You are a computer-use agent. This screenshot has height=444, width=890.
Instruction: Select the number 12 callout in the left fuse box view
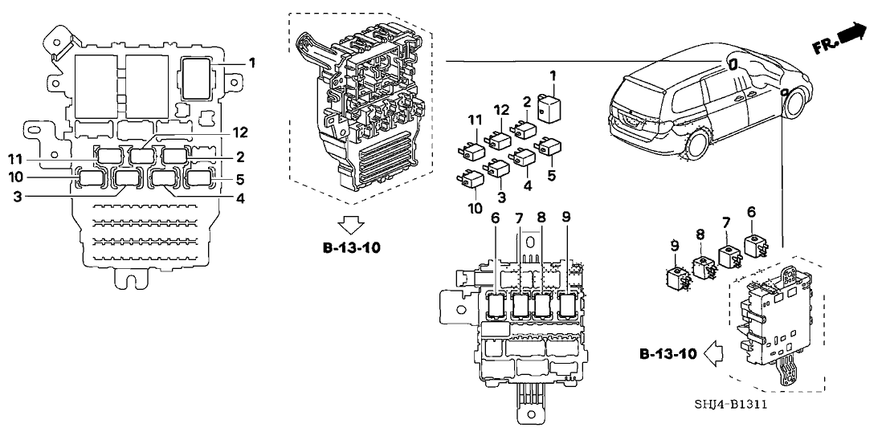click(x=218, y=131)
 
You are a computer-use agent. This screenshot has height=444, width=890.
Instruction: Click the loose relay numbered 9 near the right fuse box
click(x=676, y=278)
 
